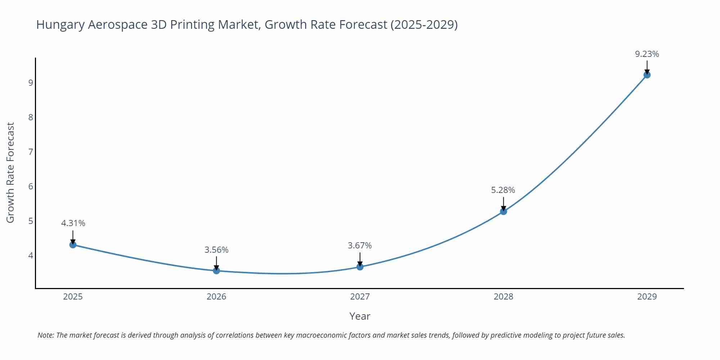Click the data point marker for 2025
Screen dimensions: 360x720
[73, 245]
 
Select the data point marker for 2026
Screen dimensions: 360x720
[216, 271]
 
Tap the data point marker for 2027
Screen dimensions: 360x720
[360, 267]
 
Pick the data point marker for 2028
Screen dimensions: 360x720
[504, 211]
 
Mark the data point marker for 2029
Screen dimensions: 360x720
[647, 75]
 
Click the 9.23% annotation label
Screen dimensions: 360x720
[647, 54]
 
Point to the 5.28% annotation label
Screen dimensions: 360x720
[503, 190]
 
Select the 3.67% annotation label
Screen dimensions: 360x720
[360, 246]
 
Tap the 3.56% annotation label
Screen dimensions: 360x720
[216, 250]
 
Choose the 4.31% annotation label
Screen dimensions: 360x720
[73, 223]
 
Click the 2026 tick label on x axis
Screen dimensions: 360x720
[216, 297]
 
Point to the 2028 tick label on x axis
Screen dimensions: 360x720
[503, 297]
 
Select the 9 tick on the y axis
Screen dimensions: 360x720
[31, 83]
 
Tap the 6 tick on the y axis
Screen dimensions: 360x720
[31, 186]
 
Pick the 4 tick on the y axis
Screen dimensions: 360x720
[31, 256]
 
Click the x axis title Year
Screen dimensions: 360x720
[360, 316]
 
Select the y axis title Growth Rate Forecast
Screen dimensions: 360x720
[10, 172]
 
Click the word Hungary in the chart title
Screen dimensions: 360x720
[60, 24]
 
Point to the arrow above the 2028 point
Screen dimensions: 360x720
[504, 203]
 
